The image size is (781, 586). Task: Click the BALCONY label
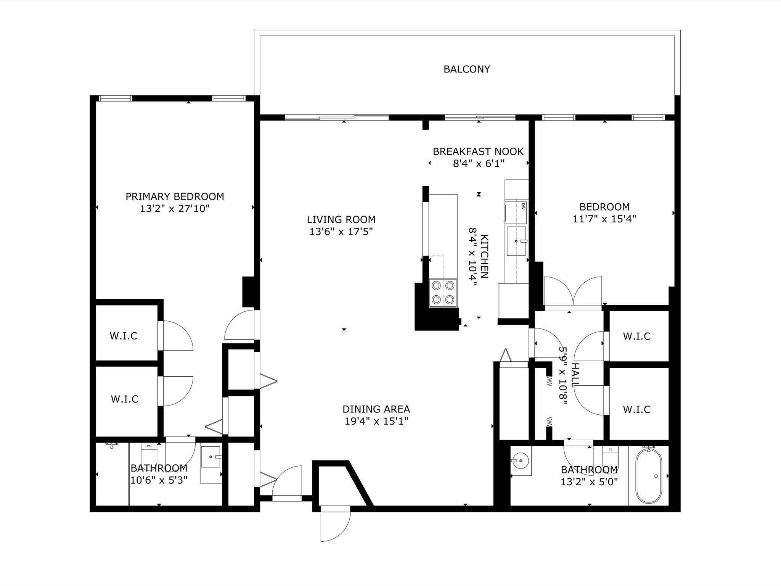point(467,69)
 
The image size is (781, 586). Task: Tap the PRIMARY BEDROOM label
point(175,196)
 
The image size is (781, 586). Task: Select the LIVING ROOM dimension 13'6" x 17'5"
point(341,232)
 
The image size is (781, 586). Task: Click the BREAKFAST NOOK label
point(478,151)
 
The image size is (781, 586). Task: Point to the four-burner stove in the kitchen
point(443,293)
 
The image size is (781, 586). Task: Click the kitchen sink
point(516,241)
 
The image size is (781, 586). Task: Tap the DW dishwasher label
point(523,206)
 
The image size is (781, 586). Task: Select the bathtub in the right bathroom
point(649,475)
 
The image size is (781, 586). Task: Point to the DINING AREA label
point(376,409)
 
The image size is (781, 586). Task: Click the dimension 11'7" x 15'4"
point(604,219)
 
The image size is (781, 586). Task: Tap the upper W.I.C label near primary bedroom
point(124,336)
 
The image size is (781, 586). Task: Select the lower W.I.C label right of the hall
point(636,409)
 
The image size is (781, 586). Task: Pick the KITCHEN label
point(484,256)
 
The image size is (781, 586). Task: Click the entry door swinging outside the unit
point(335,523)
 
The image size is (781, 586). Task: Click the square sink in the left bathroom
point(211,457)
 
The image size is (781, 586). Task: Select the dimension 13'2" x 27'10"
point(175,209)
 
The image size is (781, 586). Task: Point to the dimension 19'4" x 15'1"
point(376,421)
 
